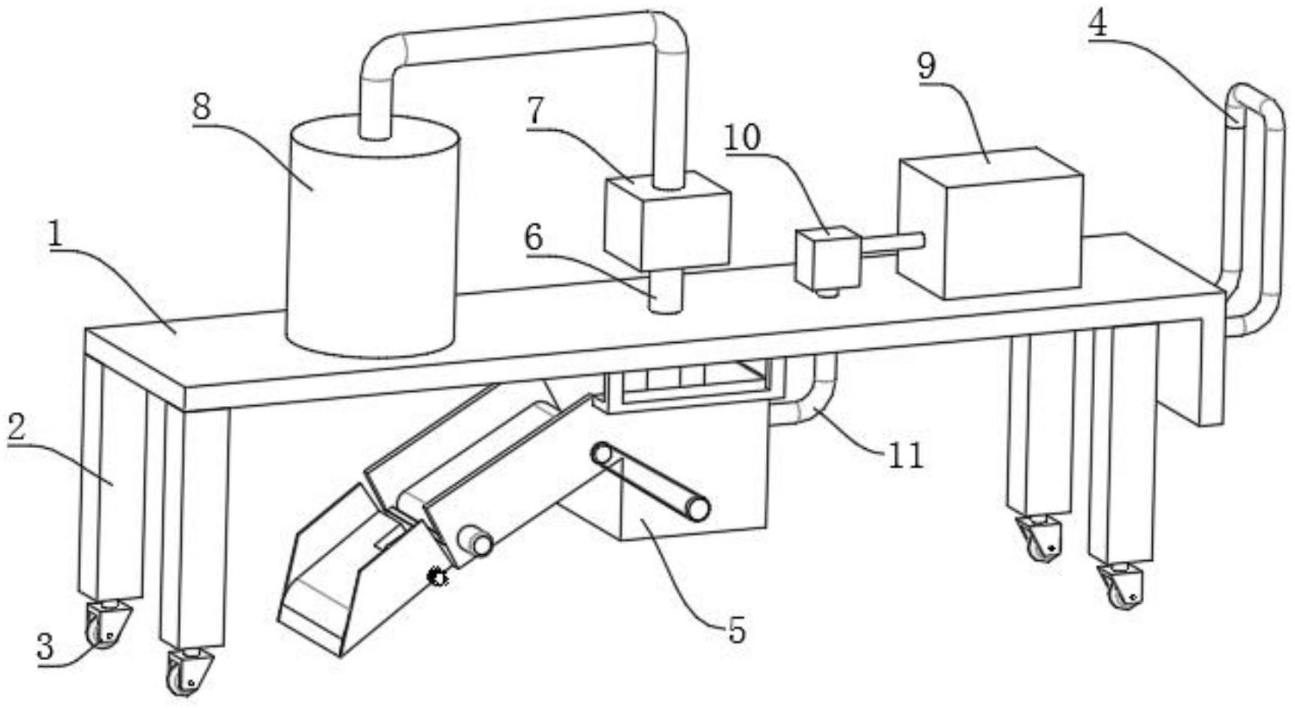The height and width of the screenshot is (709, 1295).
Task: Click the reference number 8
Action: (201, 107)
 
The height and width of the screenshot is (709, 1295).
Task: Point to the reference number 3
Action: (46, 647)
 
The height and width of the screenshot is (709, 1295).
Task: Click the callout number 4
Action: (1097, 24)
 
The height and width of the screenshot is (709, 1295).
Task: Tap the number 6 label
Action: (533, 238)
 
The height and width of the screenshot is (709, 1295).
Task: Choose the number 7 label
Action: (534, 111)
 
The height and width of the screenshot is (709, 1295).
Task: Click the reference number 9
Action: (927, 66)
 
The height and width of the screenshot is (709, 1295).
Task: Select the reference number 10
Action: (743, 137)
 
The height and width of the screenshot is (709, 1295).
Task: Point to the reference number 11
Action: (905, 455)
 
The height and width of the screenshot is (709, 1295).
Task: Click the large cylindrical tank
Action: (372, 241)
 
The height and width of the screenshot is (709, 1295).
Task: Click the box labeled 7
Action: (667, 222)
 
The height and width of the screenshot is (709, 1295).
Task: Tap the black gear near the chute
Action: (437, 577)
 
